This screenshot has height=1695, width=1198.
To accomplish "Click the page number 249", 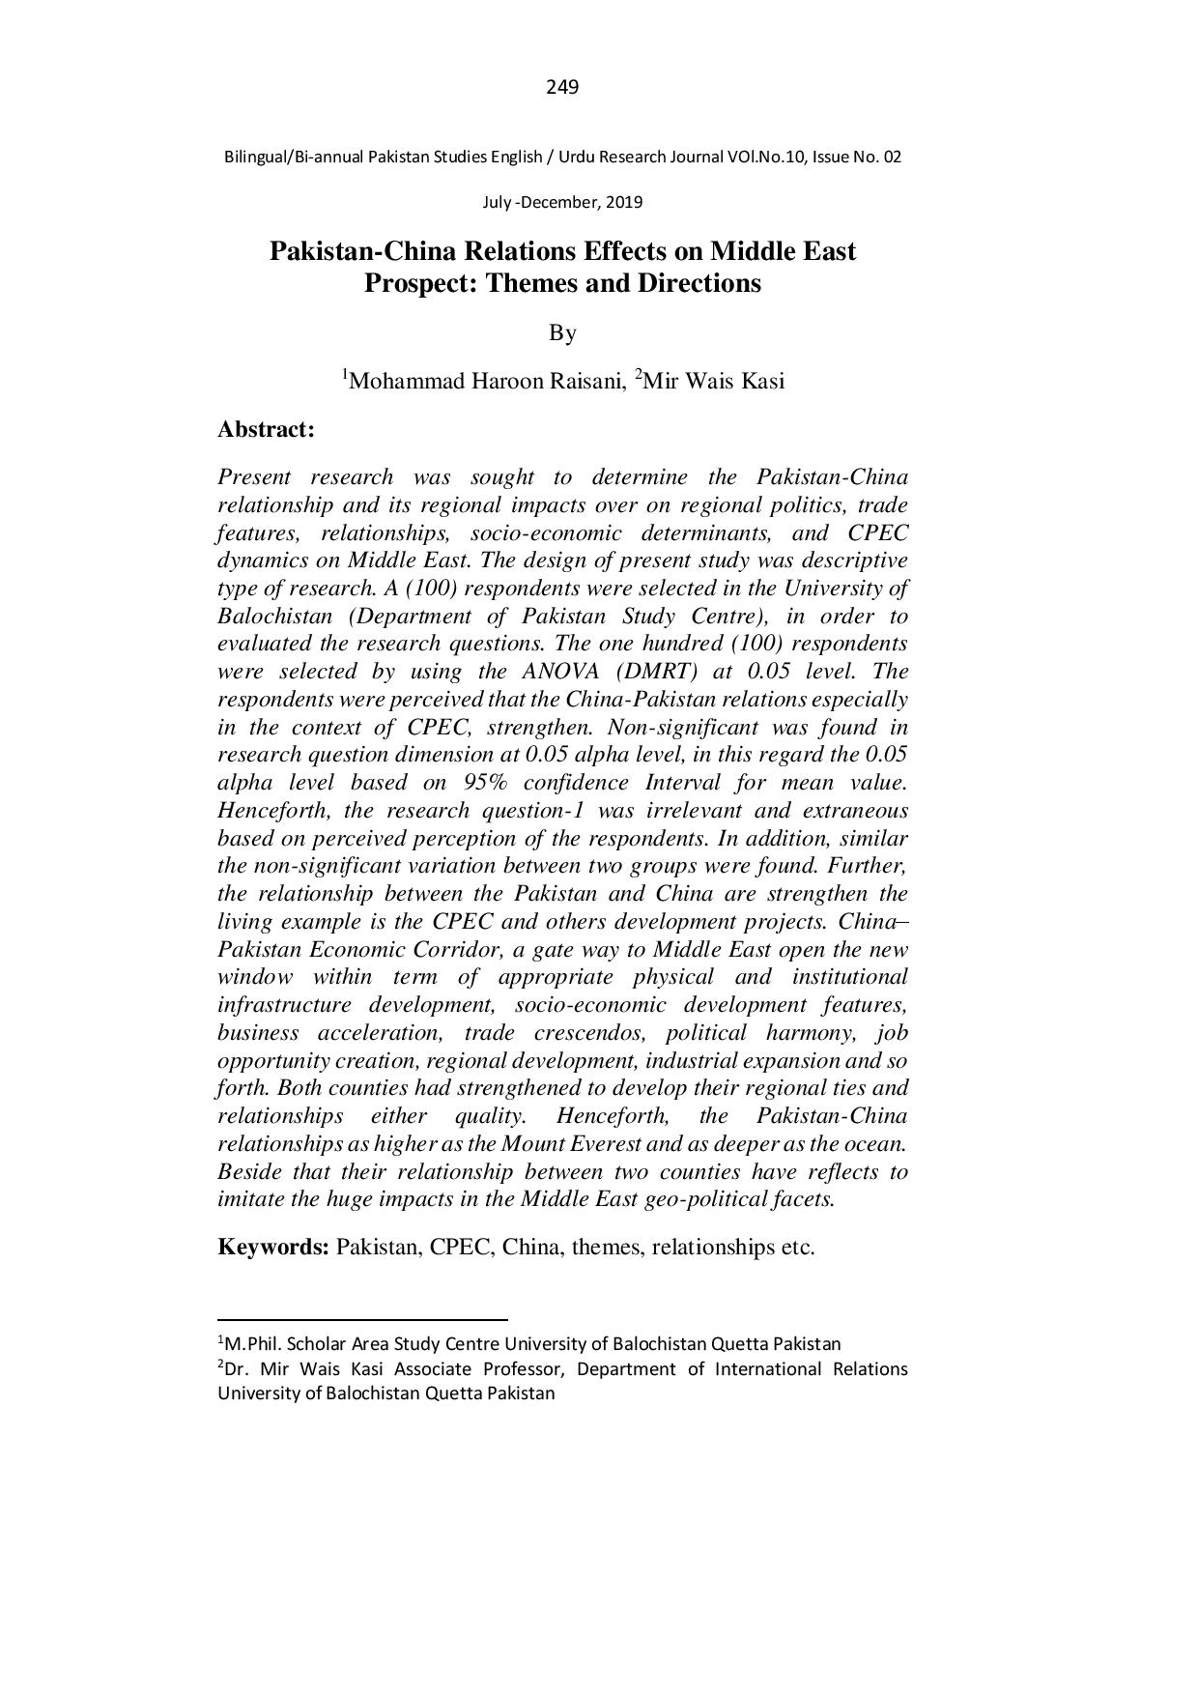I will (x=562, y=88).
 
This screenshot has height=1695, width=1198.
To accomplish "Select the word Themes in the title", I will (x=530, y=284).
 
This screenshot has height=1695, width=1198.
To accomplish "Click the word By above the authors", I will (x=562, y=333).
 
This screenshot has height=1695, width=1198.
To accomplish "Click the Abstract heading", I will (x=267, y=429).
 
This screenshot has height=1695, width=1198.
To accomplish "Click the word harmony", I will (x=808, y=1033).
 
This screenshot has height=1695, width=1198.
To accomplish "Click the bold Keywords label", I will (x=274, y=1247).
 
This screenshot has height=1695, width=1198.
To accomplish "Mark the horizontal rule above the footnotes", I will (x=362, y=1318).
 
